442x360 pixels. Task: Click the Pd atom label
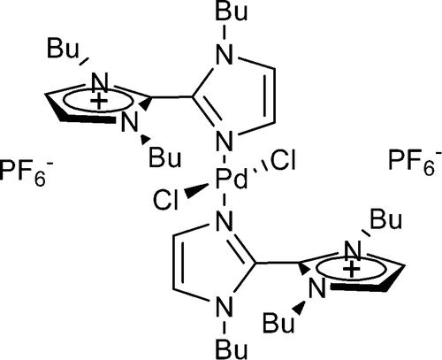231,179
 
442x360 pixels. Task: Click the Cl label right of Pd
282,160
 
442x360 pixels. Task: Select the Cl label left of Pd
166,201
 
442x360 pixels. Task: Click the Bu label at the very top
232,11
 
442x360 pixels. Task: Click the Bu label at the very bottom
232,349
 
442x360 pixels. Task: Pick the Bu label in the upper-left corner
63,49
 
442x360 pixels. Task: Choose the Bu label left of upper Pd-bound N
164,158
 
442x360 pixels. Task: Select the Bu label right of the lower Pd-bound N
386,219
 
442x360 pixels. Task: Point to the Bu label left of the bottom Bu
278,323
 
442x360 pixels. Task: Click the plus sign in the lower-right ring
352,269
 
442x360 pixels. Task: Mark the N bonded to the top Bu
225,55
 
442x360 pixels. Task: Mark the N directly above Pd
225,140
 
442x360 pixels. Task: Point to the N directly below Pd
225,220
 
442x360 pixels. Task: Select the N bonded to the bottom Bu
225,305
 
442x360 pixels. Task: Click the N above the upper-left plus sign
100,81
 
